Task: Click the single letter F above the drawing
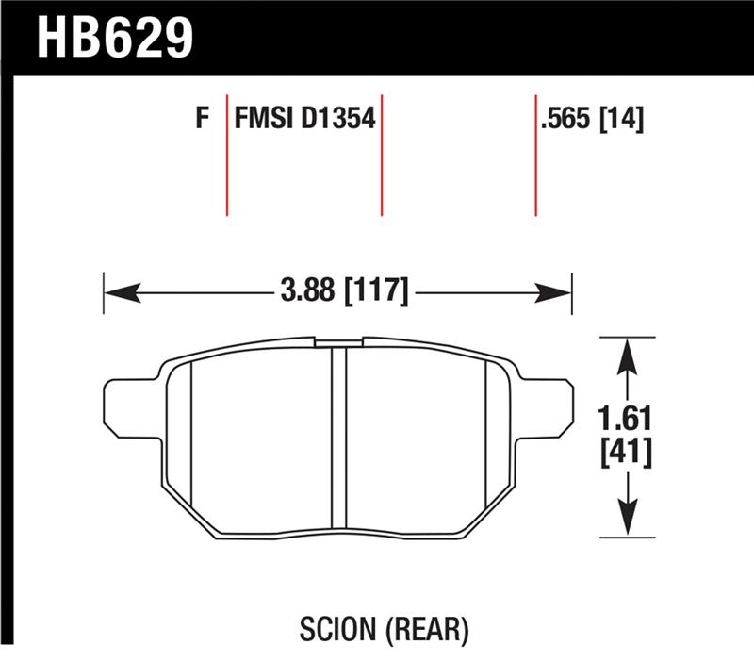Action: point(200,120)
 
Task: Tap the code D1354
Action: point(338,120)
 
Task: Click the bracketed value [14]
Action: point(622,120)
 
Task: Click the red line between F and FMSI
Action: point(227,155)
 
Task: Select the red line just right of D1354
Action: point(382,155)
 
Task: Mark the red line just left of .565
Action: point(535,155)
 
